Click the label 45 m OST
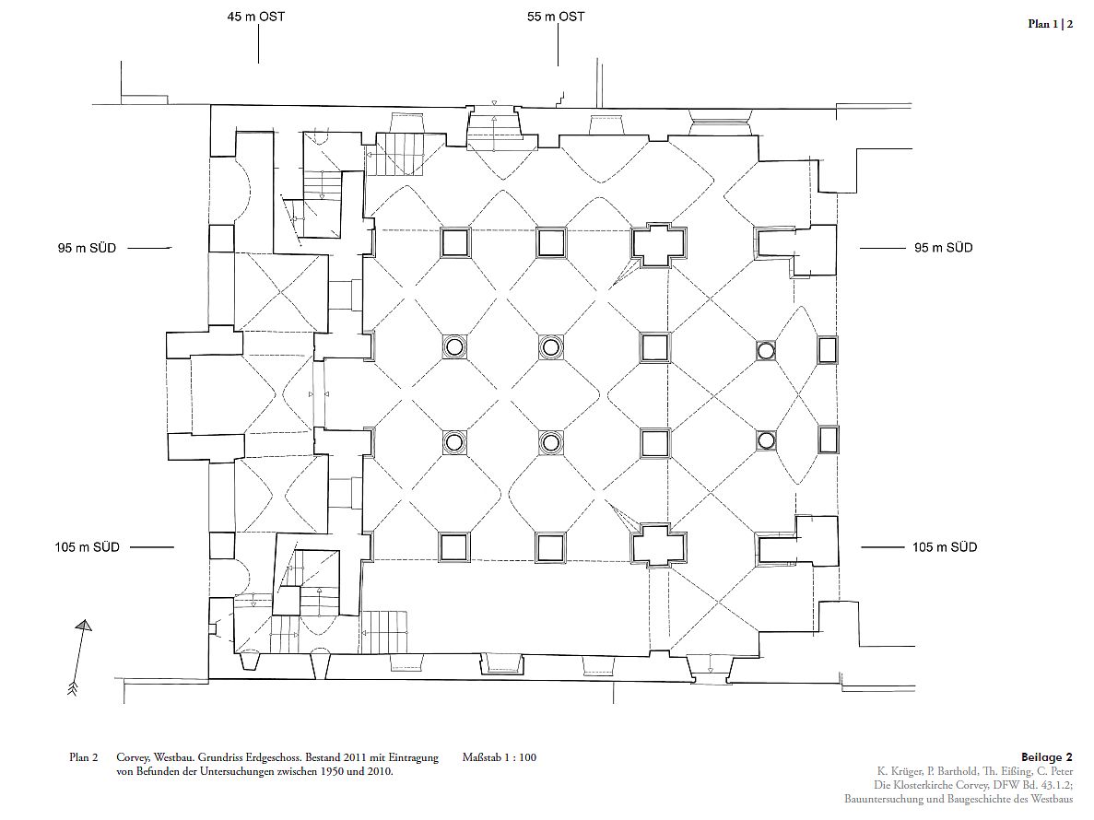(x=256, y=17)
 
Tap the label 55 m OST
(x=556, y=17)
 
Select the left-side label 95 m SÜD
(x=87, y=248)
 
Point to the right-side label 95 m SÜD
(x=943, y=248)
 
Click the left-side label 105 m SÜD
(x=88, y=547)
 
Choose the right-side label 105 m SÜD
(x=945, y=547)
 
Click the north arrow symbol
(x=79, y=658)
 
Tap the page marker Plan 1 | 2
(x=1051, y=24)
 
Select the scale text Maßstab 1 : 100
(x=500, y=758)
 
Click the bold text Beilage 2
(x=1047, y=758)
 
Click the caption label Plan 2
(x=83, y=758)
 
